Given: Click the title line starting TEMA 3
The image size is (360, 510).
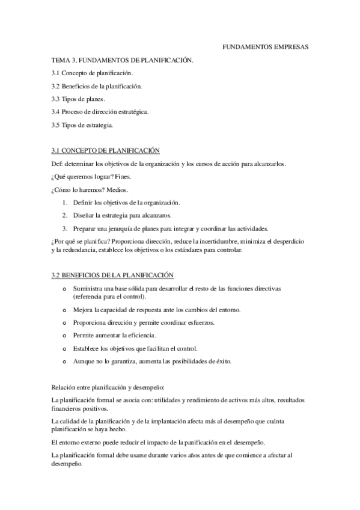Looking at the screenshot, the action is tap(122, 60).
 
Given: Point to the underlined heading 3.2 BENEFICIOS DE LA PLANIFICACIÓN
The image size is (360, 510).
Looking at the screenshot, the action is tap(112, 275).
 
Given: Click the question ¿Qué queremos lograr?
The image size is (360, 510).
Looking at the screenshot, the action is tap(82, 177).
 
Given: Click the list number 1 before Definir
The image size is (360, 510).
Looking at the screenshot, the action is tap(64, 203).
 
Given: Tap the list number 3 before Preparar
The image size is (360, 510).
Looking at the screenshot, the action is tap(64, 229).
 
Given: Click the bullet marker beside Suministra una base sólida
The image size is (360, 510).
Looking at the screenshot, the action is tap(65, 289).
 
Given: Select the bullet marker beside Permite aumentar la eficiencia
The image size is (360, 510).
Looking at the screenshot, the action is tap(65, 335).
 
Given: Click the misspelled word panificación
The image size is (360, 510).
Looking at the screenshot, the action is tap(198, 441).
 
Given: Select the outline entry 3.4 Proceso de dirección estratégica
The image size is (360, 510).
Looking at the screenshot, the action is tap(100, 112).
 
